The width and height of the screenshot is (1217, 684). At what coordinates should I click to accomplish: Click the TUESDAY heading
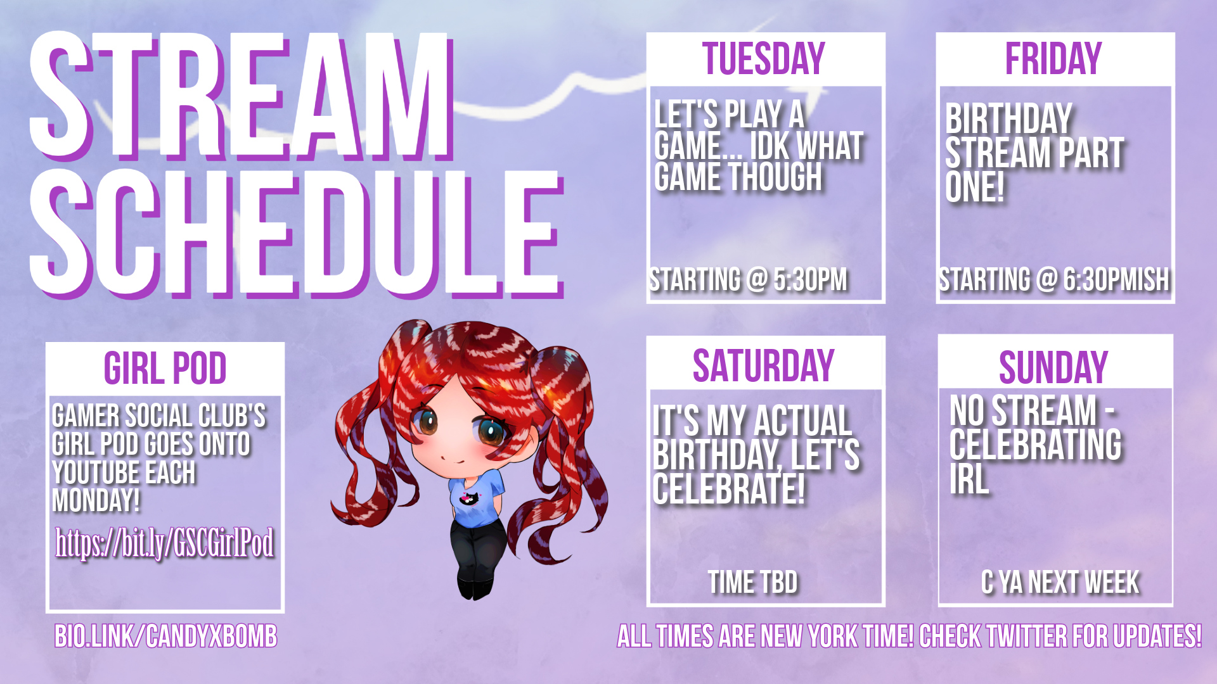[x=764, y=59]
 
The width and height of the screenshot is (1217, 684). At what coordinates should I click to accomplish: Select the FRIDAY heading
[x=1053, y=59]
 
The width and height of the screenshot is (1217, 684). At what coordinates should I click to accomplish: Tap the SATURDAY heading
[x=764, y=366]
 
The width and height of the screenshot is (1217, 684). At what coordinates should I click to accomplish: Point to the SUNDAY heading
[x=1053, y=367]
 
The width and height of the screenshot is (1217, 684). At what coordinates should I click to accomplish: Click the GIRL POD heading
[x=165, y=368]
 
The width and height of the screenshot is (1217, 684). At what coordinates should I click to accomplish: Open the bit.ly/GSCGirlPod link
[x=165, y=543]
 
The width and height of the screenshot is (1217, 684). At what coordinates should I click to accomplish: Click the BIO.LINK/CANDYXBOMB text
[x=166, y=636]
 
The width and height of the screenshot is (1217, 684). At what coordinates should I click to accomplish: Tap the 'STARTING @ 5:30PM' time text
[x=749, y=279]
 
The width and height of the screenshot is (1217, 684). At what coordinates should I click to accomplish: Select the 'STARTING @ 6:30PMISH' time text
[x=1054, y=279]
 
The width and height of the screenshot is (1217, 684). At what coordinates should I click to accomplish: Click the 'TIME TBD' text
[x=753, y=582]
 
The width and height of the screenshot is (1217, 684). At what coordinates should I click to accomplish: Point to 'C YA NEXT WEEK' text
[x=1060, y=582]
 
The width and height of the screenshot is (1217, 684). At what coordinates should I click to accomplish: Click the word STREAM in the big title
[x=241, y=95]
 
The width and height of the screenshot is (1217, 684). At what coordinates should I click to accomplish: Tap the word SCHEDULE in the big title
[x=296, y=234]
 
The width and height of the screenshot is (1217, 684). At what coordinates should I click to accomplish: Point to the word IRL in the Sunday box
[x=969, y=479]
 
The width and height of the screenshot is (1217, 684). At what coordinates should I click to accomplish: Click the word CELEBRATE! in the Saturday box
[x=729, y=490]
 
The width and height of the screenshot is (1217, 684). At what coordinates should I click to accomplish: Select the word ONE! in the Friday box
[x=975, y=187]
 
